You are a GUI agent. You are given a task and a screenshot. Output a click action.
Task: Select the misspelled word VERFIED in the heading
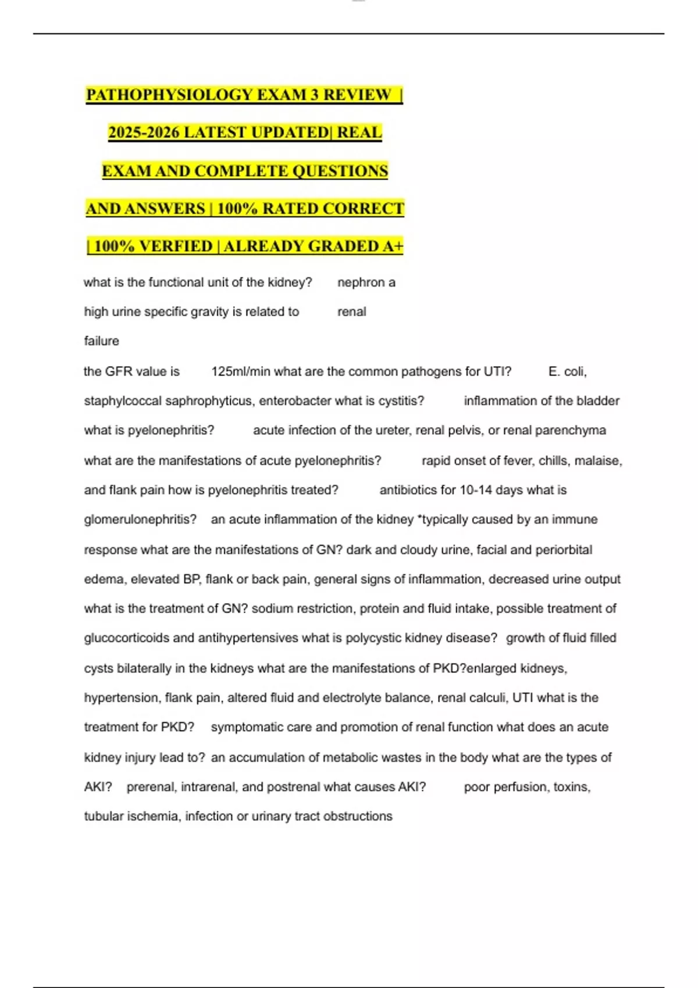tap(176, 246)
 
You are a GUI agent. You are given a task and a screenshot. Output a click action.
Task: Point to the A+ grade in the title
tap(393, 246)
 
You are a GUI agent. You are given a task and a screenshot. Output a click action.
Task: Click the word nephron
tap(361, 282)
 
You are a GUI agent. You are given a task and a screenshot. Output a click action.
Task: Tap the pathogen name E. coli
tap(567, 371)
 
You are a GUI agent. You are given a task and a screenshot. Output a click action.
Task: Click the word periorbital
tap(564, 550)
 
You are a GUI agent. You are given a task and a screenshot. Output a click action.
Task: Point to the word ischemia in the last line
tap(153, 816)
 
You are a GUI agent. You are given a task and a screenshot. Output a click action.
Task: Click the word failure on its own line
tap(101, 341)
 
